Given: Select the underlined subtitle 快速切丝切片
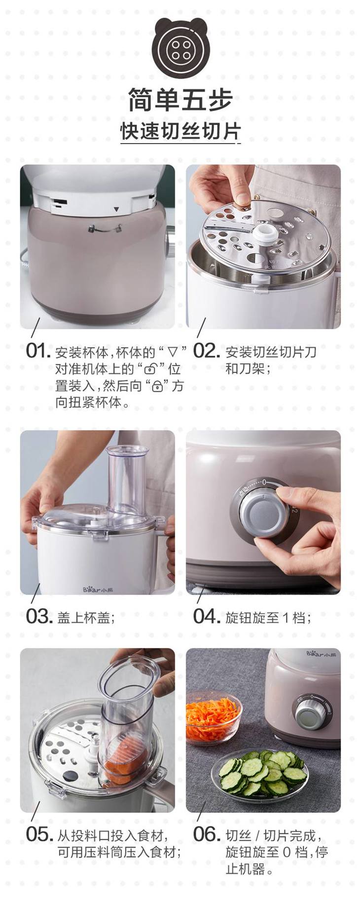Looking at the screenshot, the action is coord(180,131).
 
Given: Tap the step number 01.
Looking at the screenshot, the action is coord(38,351).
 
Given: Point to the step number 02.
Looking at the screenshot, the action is coord(206,351).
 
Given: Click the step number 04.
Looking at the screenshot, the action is coord(206,616).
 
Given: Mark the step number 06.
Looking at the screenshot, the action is coord(206,835).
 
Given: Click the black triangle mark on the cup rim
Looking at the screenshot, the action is coord(116,209).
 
